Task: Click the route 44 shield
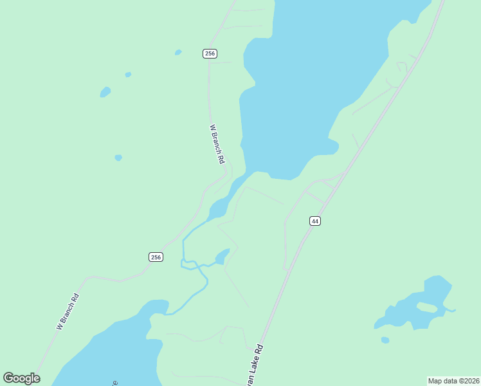314,221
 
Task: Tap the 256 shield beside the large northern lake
210,53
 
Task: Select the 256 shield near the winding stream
156,257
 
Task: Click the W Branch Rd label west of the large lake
217,143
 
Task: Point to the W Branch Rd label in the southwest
68,312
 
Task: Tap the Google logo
21,378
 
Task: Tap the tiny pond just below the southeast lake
385,340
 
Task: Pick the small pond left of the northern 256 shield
178,52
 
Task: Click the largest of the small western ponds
105,92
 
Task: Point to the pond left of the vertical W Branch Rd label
118,158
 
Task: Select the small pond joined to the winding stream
222,257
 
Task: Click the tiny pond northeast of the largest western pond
128,75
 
